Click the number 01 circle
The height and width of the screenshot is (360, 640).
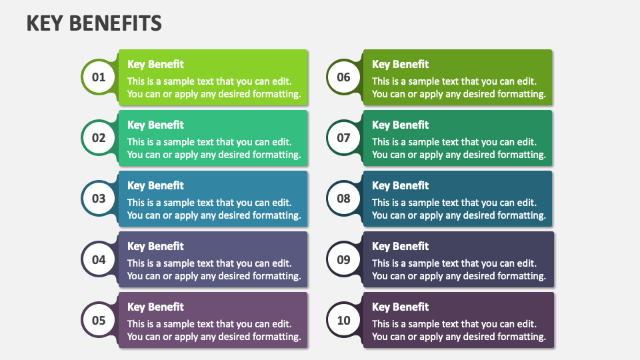[x=99, y=77]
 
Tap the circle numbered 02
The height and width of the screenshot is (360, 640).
[x=99, y=138]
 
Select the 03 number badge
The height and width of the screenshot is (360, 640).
[x=99, y=199]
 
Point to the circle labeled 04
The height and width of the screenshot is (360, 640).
[x=99, y=259]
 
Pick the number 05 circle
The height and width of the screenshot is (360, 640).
[x=99, y=320]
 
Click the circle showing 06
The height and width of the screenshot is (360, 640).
[x=343, y=77]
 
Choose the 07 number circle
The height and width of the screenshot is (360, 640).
[x=343, y=138]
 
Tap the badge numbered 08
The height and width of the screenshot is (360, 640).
[x=343, y=199]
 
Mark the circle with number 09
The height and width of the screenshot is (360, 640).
[x=343, y=259]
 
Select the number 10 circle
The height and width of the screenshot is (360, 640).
[x=343, y=320]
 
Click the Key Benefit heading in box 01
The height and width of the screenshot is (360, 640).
[x=155, y=64]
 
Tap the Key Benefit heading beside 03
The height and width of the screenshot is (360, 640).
[x=155, y=185]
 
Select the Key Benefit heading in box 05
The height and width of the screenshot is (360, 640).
[x=155, y=307]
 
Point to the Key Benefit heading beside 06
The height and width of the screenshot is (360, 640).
[x=400, y=64]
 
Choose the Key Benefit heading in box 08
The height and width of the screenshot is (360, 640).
[x=400, y=185]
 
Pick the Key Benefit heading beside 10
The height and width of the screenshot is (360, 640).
[x=400, y=307]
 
